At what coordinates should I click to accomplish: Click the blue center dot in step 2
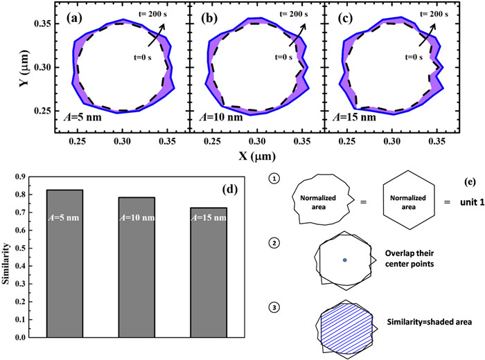(344, 260)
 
